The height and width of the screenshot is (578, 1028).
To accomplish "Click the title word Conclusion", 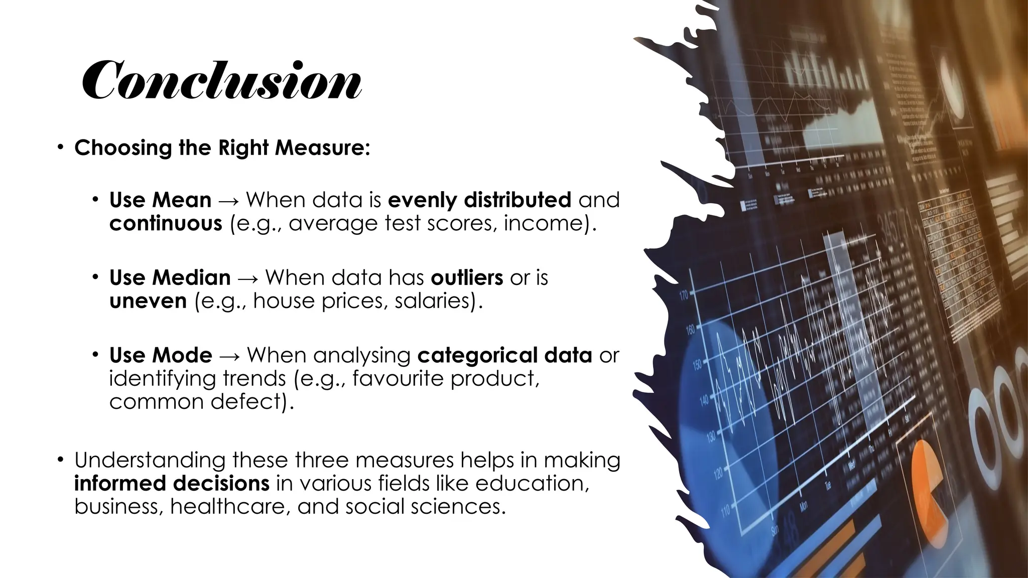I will click(221, 80).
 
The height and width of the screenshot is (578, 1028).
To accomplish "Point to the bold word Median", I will click(192, 277).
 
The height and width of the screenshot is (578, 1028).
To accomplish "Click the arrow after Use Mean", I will click(228, 201).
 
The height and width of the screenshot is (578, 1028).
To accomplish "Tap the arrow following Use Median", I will click(248, 278).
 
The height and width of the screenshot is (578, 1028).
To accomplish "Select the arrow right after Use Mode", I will click(229, 356).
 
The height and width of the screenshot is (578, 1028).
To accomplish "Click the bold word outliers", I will click(467, 277).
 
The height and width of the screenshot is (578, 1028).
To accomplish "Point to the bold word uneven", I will click(148, 301).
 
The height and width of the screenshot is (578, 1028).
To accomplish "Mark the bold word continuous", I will click(166, 223).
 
